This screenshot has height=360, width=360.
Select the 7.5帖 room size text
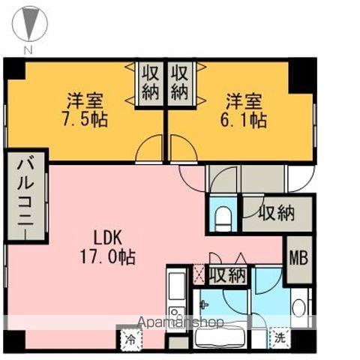pyautogui.click(x=84, y=119)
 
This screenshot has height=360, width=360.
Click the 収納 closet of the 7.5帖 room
pyautogui.click(x=150, y=82)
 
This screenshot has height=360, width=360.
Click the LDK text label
pyautogui.click(x=107, y=237)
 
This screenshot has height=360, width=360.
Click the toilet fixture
pyautogui.click(x=223, y=218)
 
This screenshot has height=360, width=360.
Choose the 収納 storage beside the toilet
pyautogui.click(x=275, y=214)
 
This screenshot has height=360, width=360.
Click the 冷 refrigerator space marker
pyautogui.click(x=129, y=339)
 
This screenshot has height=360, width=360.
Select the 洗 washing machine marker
pyautogui.click(x=279, y=338)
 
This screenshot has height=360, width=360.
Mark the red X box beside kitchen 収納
pyautogui.click(x=199, y=274)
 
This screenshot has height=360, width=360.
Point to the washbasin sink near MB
pyautogui.click(x=298, y=309)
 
